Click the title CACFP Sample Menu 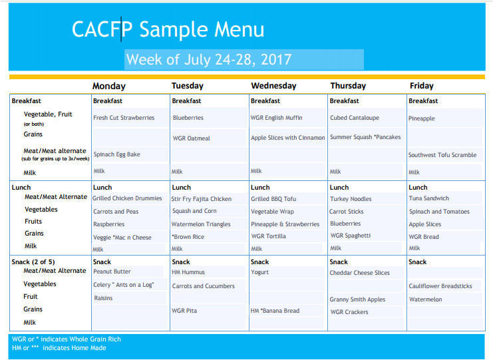[x=168, y=29]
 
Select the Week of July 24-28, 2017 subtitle [x=209, y=59]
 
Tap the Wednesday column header [x=273, y=86]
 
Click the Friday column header [x=421, y=86]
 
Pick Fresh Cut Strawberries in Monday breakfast [x=124, y=118]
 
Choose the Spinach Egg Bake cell [x=116, y=154]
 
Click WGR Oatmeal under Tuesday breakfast [x=191, y=138]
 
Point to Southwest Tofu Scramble [x=442, y=155]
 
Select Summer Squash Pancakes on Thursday [x=365, y=137]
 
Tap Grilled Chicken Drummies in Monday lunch [x=127, y=198]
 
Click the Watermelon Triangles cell [x=201, y=224]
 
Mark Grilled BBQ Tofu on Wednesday [x=273, y=199]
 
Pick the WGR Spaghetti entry [x=350, y=236]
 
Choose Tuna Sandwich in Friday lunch [x=429, y=198]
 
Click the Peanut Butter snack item [x=112, y=271]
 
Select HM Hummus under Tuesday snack [x=188, y=272]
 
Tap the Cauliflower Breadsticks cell [x=440, y=286]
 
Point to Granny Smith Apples [x=357, y=299]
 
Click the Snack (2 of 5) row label [x=33, y=262]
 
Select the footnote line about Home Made [x=59, y=348]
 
